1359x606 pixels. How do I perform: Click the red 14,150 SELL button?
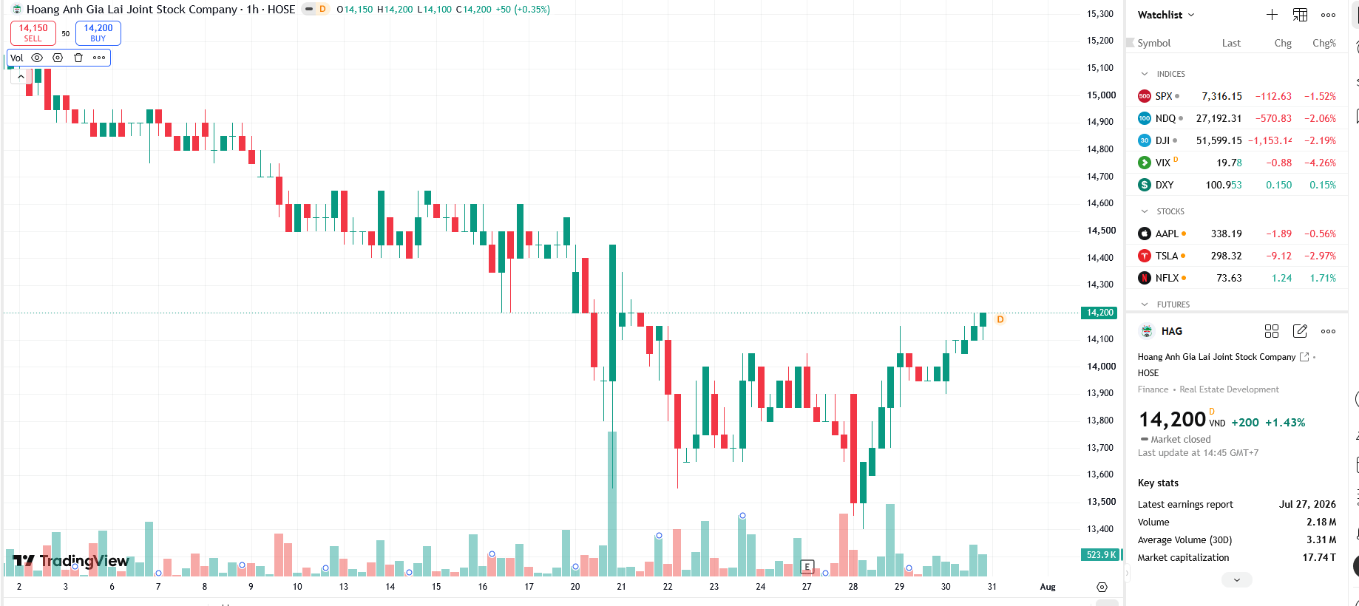(33, 33)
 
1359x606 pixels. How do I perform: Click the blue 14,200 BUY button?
(98, 33)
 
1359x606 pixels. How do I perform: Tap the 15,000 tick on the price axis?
(1100, 95)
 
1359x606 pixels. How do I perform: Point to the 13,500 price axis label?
(1100, 501)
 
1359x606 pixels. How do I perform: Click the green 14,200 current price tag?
(1099, 313)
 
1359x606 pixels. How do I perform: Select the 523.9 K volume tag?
(1101, 554)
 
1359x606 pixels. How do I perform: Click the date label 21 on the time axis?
(621, 587)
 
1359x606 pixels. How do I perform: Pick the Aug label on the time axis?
(1048, 587)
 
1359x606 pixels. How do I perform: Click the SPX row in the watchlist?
(1237, 96)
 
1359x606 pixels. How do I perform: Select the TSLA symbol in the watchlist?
(1166, 256)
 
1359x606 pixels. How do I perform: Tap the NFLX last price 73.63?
(1229, 278)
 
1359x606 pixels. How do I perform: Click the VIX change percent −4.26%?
(1320, 163)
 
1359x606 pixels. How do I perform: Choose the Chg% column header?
(1324, 43)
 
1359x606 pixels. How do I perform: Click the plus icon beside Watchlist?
(1272, 15)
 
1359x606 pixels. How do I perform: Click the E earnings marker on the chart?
(807, 567)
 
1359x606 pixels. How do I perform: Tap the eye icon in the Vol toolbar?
(37, 58)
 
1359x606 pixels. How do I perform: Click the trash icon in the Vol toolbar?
(78, 58)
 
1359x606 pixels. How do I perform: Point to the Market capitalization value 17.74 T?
(1319, 557)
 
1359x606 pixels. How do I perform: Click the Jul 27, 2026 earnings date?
(1307, 504)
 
